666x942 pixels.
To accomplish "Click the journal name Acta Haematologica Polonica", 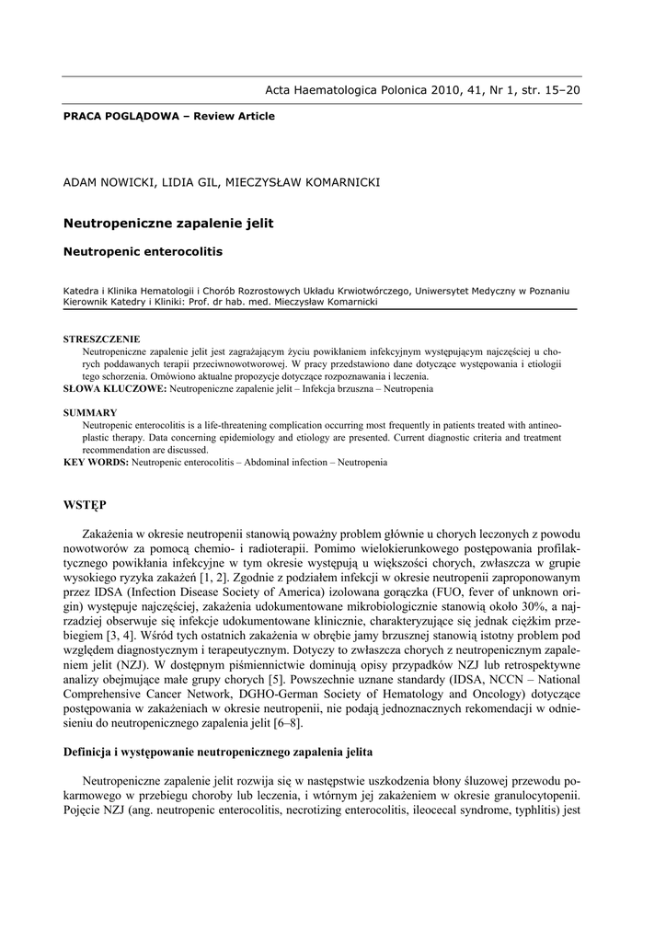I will click(x=350, y=90).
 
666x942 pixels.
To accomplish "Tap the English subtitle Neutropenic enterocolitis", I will click(x=143, y=250).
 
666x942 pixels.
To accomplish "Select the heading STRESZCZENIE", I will click(x=101, y=339).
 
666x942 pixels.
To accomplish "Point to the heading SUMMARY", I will click(x=89, y=413).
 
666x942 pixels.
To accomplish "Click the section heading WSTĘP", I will click(x=85, y=507).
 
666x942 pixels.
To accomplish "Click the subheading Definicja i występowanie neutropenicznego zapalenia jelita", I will click(x=217, y=752).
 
